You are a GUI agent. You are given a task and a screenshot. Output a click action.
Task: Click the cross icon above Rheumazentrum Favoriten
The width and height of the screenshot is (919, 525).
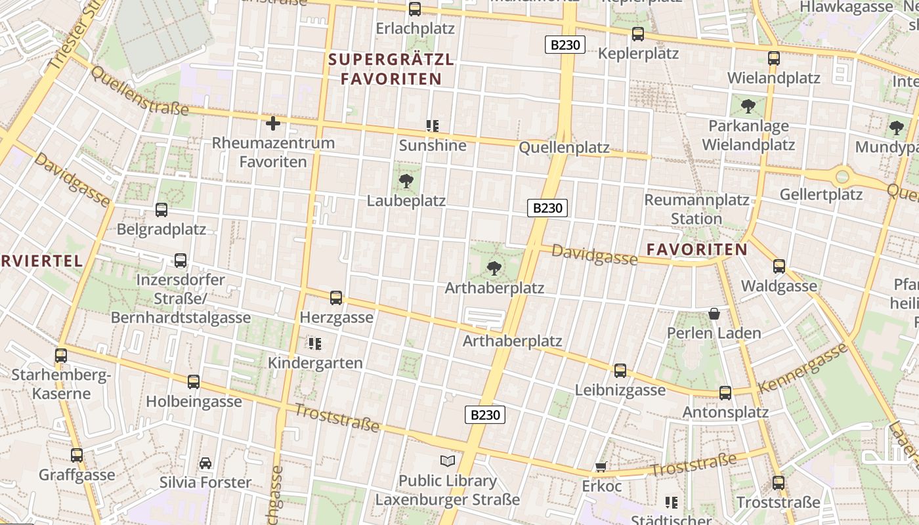(x=272, y=123)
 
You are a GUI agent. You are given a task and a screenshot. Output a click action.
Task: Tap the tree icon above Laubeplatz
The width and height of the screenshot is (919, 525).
(x=406, y=180)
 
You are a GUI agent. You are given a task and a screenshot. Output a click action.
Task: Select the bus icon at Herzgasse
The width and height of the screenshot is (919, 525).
(x=336, y=297)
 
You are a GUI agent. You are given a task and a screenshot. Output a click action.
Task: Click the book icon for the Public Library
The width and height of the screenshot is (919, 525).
(x=448, y=461)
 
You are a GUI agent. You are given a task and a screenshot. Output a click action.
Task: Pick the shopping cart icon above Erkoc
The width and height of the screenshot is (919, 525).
(x=601, y=467)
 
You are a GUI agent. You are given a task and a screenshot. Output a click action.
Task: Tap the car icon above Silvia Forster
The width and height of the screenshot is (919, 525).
(x=205, y=463)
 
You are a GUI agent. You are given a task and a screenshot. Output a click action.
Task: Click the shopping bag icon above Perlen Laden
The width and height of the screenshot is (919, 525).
(x=714, y=314)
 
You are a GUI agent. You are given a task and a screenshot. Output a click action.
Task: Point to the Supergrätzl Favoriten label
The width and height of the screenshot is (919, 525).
(x=391, y=69)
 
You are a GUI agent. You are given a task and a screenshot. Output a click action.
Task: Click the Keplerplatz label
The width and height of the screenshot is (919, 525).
(x=638, y=53)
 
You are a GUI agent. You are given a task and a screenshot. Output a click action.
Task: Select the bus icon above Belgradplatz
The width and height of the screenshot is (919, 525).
(x=161, y=210)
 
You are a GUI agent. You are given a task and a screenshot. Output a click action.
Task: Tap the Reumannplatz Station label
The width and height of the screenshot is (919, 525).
(x=696, y=209)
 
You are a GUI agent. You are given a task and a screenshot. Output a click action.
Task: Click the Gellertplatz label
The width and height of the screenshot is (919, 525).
(x=821, y=194)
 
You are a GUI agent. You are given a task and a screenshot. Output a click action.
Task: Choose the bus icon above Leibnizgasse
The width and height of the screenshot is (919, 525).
(x=620, y=370)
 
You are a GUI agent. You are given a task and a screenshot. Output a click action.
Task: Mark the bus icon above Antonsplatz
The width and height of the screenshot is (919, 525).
(x=725, y=392)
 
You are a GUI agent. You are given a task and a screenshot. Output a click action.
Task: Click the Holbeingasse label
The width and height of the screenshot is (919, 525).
(x=194, y=401)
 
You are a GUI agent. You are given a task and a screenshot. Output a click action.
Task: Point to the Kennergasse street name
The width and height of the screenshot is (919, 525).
(x=803, y=368)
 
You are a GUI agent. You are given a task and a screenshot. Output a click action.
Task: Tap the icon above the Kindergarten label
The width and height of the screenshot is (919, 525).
(x=314, y=343)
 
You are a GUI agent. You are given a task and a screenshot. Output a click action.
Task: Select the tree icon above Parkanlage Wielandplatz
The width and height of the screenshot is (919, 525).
(x=748, y=106)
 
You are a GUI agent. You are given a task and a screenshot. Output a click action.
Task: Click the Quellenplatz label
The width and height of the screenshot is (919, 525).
(x=564, y=148)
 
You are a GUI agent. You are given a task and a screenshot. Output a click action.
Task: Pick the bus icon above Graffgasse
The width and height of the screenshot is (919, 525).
(x=77, y=455)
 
